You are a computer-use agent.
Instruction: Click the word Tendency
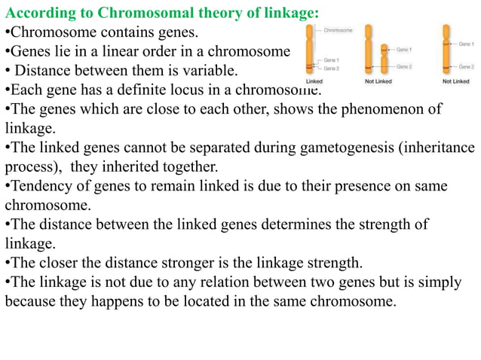(x=38, y=186)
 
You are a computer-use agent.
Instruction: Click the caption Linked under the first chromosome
(x=314, y=81)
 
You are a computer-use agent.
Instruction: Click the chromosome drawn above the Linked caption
(x=310, y=50)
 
